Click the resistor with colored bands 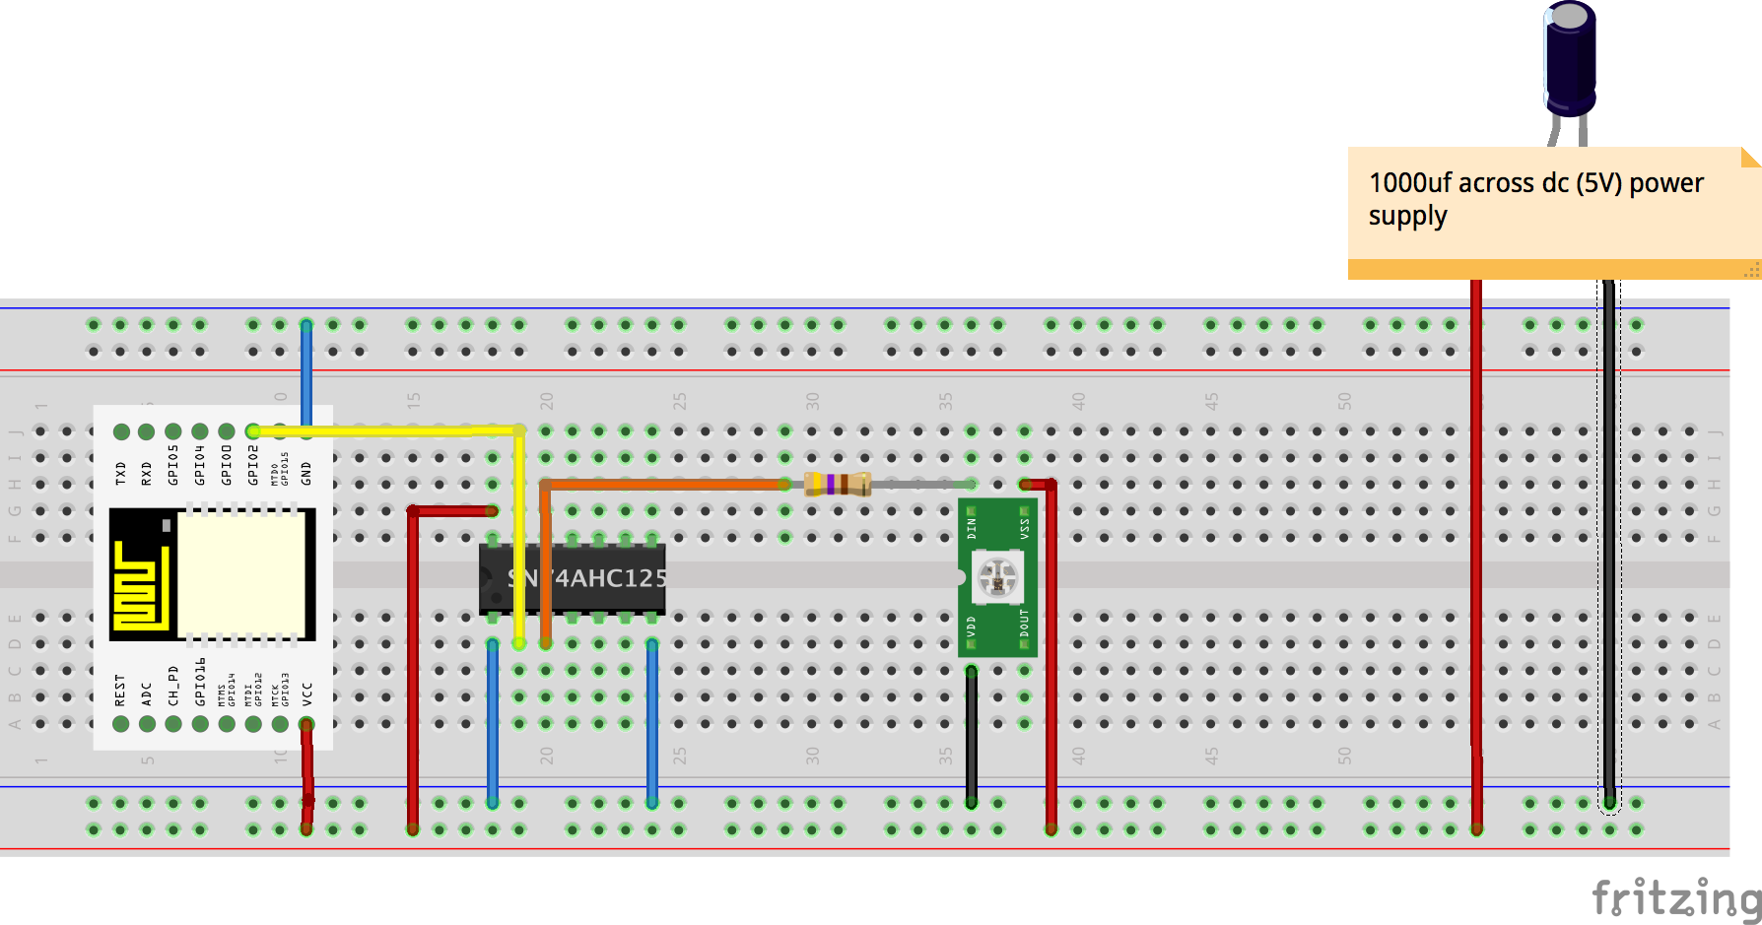click(x=838, y=484)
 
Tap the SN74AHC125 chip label click(x=587, y=578)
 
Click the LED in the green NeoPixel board click(x=997, y=577)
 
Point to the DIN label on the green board click(x=972, y=528)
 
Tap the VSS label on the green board click(x=1024, y=528)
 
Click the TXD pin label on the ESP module click(x=120, y=473)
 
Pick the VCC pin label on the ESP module click(x=306, y=694)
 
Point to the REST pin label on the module click(x=120, y=690)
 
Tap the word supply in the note click(x=1407, y=217)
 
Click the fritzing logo click(x=1675, y=897)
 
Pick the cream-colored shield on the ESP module click(x=240, y=574)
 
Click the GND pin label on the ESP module click(x=306, y=473)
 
